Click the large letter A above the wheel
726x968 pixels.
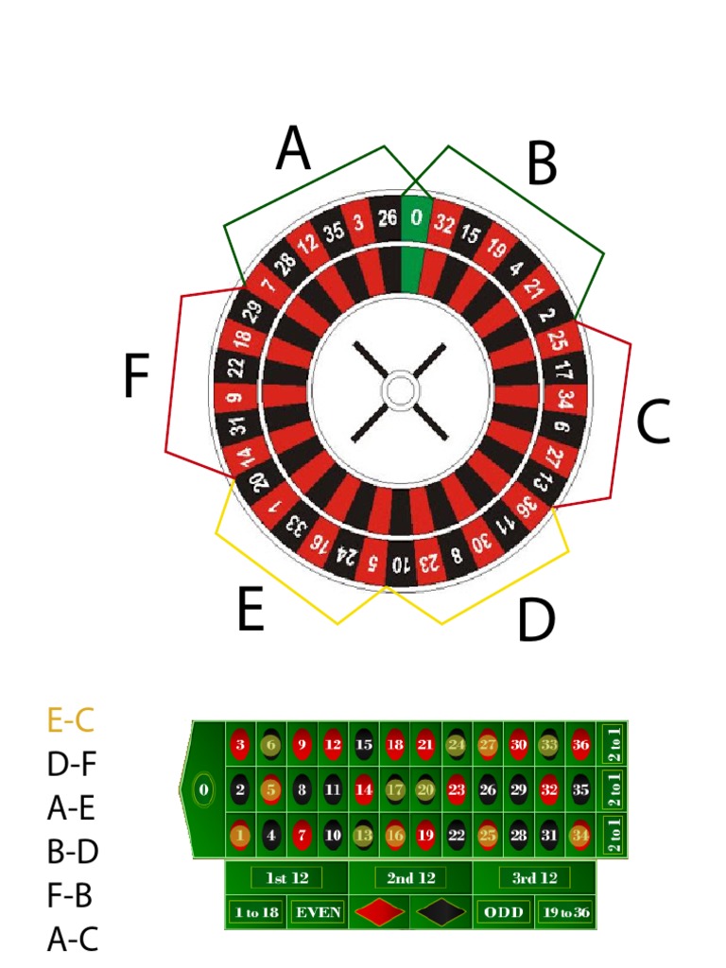tap(293, 150)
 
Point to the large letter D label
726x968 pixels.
tap(536, 621)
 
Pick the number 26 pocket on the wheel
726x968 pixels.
tap(388, 218)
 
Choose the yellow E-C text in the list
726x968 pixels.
tap(71, 721)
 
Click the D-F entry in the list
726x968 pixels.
tap(71, 765)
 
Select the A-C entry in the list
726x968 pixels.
tap(71, 940)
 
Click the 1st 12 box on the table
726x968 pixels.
tap(286, 878)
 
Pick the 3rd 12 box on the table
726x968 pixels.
tap(535, 878)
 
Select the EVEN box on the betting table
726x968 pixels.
tap(317, 913)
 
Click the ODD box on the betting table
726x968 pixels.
tap(503, 913)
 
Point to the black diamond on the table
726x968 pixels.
tap(441, 913)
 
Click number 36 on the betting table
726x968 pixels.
tap(580, 744)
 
